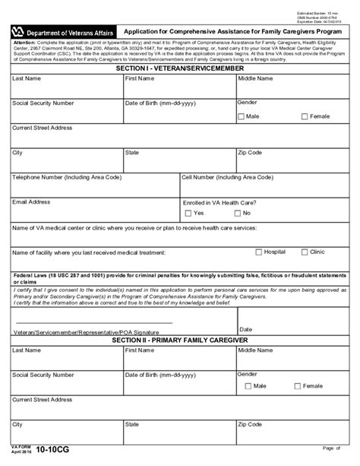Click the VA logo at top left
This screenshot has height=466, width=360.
[17, 33]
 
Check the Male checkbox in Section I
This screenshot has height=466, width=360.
[241, 116]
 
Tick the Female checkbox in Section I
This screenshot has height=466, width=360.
[305, 116]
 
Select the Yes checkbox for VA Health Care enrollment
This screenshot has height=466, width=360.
[187, 213]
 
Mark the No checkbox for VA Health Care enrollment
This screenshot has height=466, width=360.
[235, 213]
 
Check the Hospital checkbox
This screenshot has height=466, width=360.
[258, 252]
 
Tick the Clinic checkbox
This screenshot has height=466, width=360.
[305, 252]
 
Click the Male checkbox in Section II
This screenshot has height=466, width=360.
[241, 386]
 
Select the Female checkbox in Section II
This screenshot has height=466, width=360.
[297, 386]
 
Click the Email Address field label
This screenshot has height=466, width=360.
[31, 202]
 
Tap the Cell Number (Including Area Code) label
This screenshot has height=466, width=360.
[227, 177]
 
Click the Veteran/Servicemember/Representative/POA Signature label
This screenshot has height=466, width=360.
[88, 332]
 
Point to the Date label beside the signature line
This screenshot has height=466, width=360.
[245, 329]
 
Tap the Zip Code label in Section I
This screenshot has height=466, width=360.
[250, 153]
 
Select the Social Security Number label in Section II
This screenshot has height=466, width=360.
[43, 375]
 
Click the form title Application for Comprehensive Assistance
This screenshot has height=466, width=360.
[233, 32]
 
